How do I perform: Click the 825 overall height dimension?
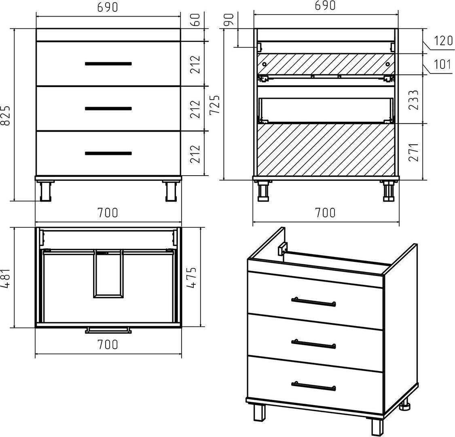pos(6,116)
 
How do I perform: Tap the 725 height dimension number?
pos(215,105)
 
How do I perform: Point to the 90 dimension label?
pos(229,20)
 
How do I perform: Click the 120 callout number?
pos(443,41)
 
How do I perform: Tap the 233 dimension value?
pos(414,100)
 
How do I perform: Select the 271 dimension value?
pos(414,152)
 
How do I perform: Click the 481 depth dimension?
pos(6,278)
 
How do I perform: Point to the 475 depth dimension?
pos(191,277)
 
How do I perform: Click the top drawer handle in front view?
pos(108,64)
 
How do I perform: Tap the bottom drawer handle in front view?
pos(108,153)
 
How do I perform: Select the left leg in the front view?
pos(45,191)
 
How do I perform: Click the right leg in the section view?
pos(389,191)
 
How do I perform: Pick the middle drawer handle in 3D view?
pos(314,344)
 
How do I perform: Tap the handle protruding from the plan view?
pos(108,330)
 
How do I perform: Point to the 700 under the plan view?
pos(108,345)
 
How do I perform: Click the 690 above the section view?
pos(325,6)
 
